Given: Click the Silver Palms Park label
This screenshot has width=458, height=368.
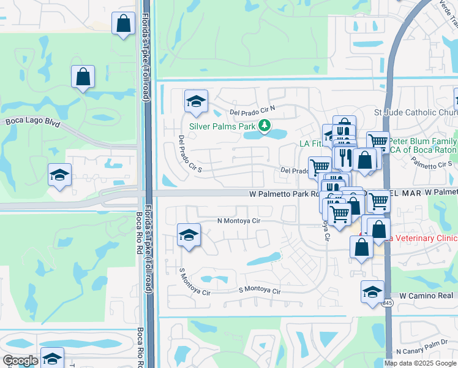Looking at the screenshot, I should click(x=222, y=126).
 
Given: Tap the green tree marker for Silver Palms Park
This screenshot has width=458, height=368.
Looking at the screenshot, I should click(x=265, y=126).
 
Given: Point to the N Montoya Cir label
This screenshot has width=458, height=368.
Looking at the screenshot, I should click(x=239, y=221).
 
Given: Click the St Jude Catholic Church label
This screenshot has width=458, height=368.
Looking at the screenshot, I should click(x=415, y=113).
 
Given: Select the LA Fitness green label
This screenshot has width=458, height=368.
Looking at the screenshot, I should click(x=310, y=144).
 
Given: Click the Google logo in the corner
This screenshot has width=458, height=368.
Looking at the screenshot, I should click(x=20, y=361).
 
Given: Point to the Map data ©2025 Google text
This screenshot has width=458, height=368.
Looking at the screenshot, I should click(x=421, y=363).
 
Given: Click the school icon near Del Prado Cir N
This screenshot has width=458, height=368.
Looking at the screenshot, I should click(x=196, y=102).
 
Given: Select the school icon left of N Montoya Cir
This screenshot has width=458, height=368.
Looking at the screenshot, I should click(x=189, y=236).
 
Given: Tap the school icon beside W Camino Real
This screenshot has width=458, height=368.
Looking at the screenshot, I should click(x=372, y=293).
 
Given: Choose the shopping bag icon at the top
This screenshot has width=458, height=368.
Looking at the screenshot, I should click(x=123, y=24).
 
